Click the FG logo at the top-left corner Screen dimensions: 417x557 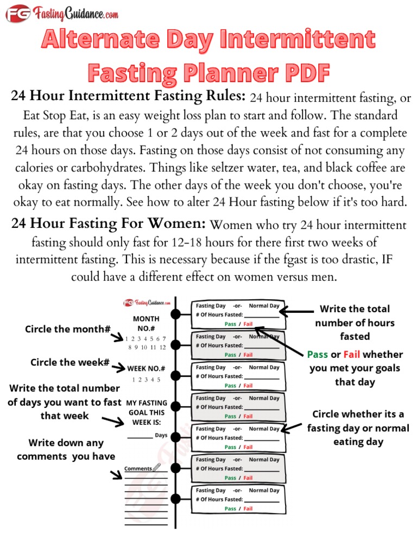tap(17, 13)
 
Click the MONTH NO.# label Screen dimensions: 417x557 tap(146, 323)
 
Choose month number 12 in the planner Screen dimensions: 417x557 tap(161, 346)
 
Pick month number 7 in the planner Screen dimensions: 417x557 tap(164, 338)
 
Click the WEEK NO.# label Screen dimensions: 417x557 tap(146, 369)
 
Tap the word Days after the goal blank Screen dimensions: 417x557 tap(161, 435)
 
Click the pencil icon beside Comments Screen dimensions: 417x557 tap(157, 467)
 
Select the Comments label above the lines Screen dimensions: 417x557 tap(137, 468)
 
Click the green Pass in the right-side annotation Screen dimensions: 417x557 tap(318, 355)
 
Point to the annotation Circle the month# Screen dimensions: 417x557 tap(68, 329)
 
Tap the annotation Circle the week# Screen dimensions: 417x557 tap(70, 362)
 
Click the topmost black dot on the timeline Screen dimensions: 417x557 tap(175, 314)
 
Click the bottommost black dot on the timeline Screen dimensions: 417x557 tap(175, 499)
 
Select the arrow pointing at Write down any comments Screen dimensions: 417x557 tap(117, 475)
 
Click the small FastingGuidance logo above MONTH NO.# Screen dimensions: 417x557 tap(147, 303)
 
